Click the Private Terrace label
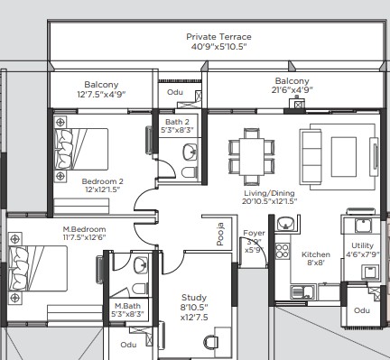218,37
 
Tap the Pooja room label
220,234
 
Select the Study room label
194,298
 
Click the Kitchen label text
316,254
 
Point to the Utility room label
362,245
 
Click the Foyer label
254,233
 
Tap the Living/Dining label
269,193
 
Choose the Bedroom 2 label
103,181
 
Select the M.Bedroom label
84,229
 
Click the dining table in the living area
252,156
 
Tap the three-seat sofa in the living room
310,156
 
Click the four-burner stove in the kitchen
282,251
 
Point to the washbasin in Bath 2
190,152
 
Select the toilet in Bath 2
190,173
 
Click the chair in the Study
211,342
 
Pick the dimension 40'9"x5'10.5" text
218,47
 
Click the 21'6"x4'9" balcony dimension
292,89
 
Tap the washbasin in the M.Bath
141,265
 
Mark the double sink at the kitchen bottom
302,291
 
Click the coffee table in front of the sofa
344,156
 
